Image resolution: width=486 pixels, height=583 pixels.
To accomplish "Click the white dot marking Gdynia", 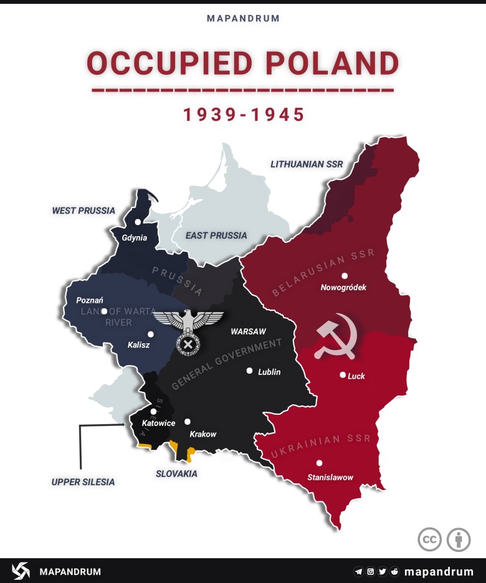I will tap(138, 222).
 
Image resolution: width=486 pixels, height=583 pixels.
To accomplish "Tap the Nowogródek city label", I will tap(343, 287).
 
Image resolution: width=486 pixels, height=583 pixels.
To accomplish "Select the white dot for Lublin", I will tap(249, 371).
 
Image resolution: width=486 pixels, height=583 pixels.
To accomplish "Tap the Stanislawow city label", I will tap(330, 477).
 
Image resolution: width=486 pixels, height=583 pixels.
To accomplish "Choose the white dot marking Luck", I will tap(343, 375).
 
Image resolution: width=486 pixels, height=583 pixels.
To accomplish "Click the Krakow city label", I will tap(203, 434).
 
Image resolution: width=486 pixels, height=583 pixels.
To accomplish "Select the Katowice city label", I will tap(158, 423).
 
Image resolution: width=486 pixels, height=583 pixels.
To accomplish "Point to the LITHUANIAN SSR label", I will tap(307, 164).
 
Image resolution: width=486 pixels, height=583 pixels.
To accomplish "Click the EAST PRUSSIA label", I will tap(216, 235).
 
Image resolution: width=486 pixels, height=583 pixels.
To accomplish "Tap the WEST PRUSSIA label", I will tap(83, 211).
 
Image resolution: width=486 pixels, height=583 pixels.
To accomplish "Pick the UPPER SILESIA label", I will tap(83, 481).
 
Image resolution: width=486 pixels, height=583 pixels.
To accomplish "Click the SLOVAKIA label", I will tap(176, 473).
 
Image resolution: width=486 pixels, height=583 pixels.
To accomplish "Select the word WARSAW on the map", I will tap(249, 331).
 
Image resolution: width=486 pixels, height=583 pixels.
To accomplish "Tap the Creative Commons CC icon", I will tap(429, 539).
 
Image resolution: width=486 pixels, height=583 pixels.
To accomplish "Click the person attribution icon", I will tap(459, 539).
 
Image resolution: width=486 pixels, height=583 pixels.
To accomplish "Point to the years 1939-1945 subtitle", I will tap(243, 115).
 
